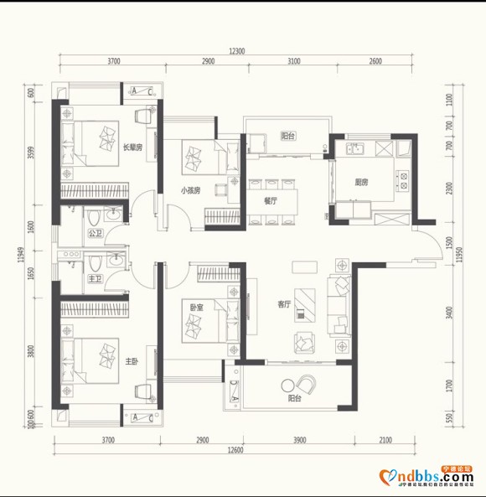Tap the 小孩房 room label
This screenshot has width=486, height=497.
point(190,190)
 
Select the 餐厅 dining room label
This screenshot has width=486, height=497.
point(270,201)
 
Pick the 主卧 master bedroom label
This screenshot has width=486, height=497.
point(131,362)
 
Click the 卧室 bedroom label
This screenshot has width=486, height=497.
point(195,308)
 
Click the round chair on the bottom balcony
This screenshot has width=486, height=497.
point(308,385)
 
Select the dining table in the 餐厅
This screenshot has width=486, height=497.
point(270,201)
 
